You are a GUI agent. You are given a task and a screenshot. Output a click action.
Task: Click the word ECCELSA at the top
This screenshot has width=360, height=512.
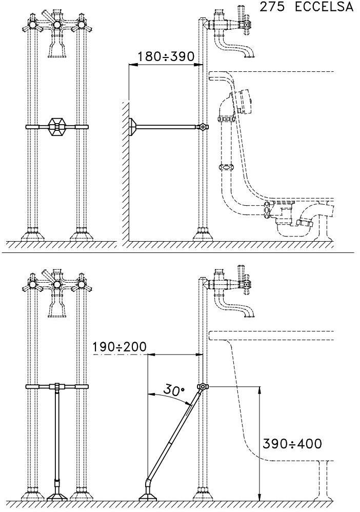[x=324, y=7]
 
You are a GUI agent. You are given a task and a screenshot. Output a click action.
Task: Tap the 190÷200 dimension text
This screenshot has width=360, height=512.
[x=119, y=347]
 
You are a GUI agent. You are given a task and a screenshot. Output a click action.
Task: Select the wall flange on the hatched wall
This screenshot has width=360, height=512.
[x=132, y=126]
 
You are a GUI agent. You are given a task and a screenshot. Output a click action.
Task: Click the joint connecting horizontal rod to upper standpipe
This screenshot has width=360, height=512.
[x=204, y=126]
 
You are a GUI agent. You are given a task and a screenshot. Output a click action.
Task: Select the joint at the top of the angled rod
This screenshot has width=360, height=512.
[x=204, y=387]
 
